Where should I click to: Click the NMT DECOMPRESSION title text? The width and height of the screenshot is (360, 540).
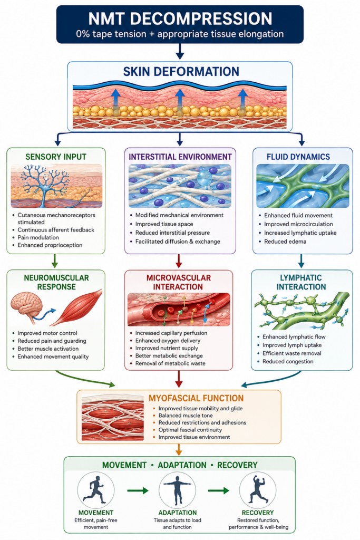click(x=180, y=18)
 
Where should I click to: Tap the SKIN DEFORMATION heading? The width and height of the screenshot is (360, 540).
click(x=181, y=72)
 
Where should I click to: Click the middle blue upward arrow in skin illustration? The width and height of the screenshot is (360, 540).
click(x=179, y=99)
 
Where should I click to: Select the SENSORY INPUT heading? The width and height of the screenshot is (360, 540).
click(x=56, y=157)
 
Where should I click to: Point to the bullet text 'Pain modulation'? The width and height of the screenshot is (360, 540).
click(x=38, y=237)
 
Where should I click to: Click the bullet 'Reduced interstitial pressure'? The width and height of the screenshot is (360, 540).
click(x=172, y=233)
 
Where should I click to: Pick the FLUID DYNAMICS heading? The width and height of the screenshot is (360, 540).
click(x=298, y=157)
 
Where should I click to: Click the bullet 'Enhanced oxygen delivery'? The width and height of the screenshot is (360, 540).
click(x=168, y=341)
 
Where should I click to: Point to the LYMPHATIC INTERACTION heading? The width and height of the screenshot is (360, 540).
click(x=301, y=282)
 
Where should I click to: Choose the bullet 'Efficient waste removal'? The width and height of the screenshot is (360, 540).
click(x=292, y=353)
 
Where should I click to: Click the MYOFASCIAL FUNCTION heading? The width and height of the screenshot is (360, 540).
click(x=196, y=398)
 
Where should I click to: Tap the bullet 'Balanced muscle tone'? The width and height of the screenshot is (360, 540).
click(x=186, y=416)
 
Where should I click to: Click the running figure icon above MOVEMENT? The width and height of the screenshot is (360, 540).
click(x=95, y=490)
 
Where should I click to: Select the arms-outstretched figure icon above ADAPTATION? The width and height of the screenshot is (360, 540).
click(x=177, y=490)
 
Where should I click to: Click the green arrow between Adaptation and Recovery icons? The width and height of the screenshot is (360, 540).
click(x=219, y=490)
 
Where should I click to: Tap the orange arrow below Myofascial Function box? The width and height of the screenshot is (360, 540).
click(x=179, y=450)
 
